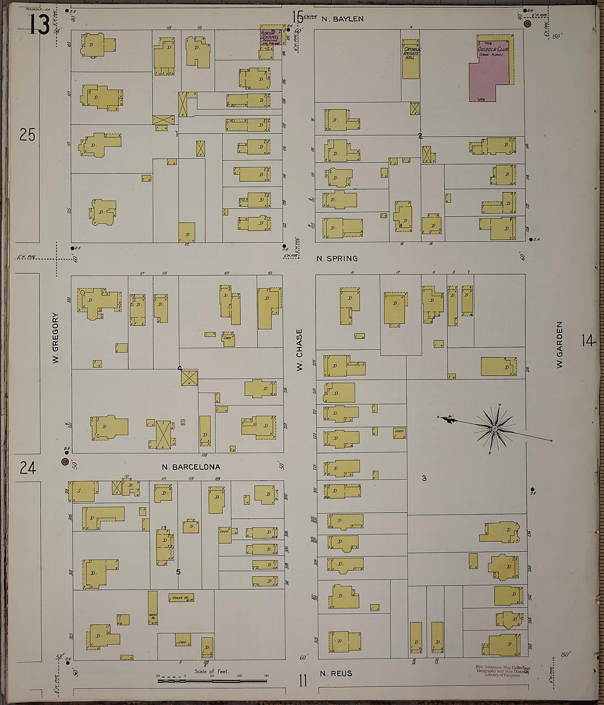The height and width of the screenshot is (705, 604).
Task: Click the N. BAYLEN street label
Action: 343,19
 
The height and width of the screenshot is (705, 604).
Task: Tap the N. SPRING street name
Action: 337,258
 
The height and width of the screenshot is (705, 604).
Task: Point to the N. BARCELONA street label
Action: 191,467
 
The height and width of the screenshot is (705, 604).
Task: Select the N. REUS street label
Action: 335,674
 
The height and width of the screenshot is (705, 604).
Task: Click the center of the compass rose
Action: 495,428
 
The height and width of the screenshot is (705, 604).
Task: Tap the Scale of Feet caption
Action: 211,671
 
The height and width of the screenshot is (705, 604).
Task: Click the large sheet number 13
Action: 40,24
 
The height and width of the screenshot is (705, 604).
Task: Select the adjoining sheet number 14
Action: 588,341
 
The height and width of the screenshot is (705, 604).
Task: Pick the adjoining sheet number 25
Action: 27,134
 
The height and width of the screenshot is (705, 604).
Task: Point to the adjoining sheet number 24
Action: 27,468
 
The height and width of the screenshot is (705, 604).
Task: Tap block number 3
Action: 424,478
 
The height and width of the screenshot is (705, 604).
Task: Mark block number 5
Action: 178,571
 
